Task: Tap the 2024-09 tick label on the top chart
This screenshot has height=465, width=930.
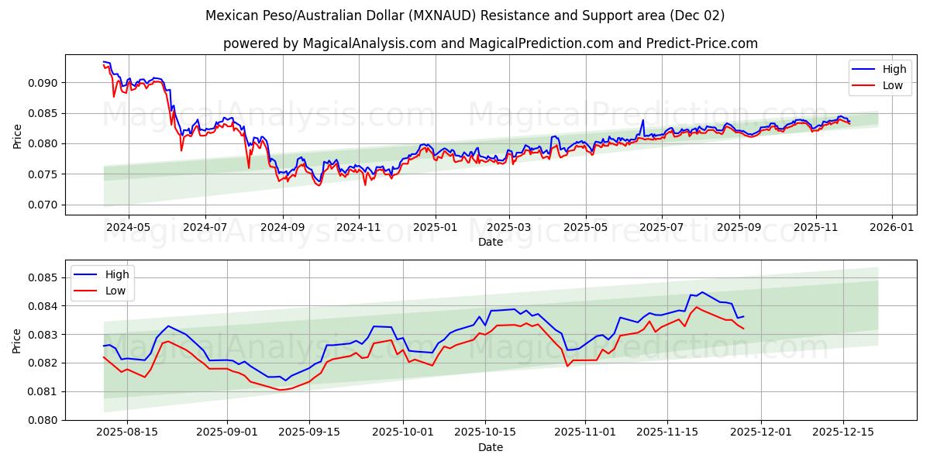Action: (281, 229)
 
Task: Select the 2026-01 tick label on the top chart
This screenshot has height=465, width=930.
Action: (891, 229)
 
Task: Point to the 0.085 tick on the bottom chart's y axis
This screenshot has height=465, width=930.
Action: (42, 277)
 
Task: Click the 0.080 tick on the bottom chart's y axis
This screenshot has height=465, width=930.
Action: (42, 420)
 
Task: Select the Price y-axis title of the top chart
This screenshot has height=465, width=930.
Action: (18, 136)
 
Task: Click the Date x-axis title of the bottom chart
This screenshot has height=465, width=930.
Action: (490, 447)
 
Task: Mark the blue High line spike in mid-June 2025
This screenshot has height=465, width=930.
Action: (642, 120)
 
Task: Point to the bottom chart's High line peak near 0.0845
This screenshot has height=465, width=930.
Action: (702, 292)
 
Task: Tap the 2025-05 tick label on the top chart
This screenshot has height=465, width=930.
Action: (585, 229)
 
